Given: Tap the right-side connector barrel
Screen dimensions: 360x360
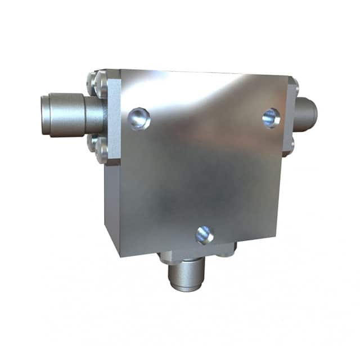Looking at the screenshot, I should coord(307,114).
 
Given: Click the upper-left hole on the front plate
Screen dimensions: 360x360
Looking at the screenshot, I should coord(138,119).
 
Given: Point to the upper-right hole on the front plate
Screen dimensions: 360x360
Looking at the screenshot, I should coord(271,118).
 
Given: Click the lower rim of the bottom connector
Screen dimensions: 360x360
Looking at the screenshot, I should coord(187,287).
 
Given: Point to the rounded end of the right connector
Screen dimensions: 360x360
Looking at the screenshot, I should coord(314,113).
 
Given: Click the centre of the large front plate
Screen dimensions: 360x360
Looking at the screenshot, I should coord(202,163).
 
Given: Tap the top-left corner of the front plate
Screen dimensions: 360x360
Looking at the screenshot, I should coord(120,71).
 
